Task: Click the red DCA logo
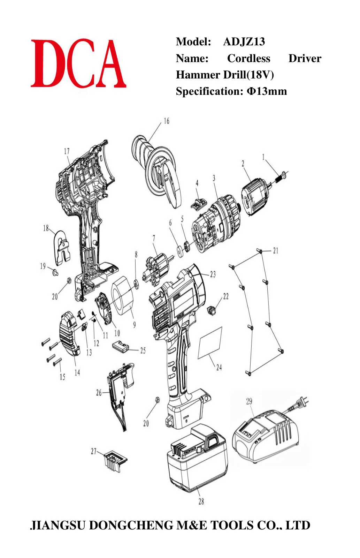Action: (x=78, y=63)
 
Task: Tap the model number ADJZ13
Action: (x=244, y=42)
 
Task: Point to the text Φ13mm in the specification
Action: (x=267, y=91)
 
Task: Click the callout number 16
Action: (x=166, y=121)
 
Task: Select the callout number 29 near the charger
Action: (x=249, y=401)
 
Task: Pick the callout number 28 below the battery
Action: (x=201, y=501)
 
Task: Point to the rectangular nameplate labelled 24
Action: (x=210, y=343)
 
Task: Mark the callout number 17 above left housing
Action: (x=67, y=151)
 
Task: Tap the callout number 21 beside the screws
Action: (x=276, y=250)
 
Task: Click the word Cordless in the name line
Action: (x=248, y=58)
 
